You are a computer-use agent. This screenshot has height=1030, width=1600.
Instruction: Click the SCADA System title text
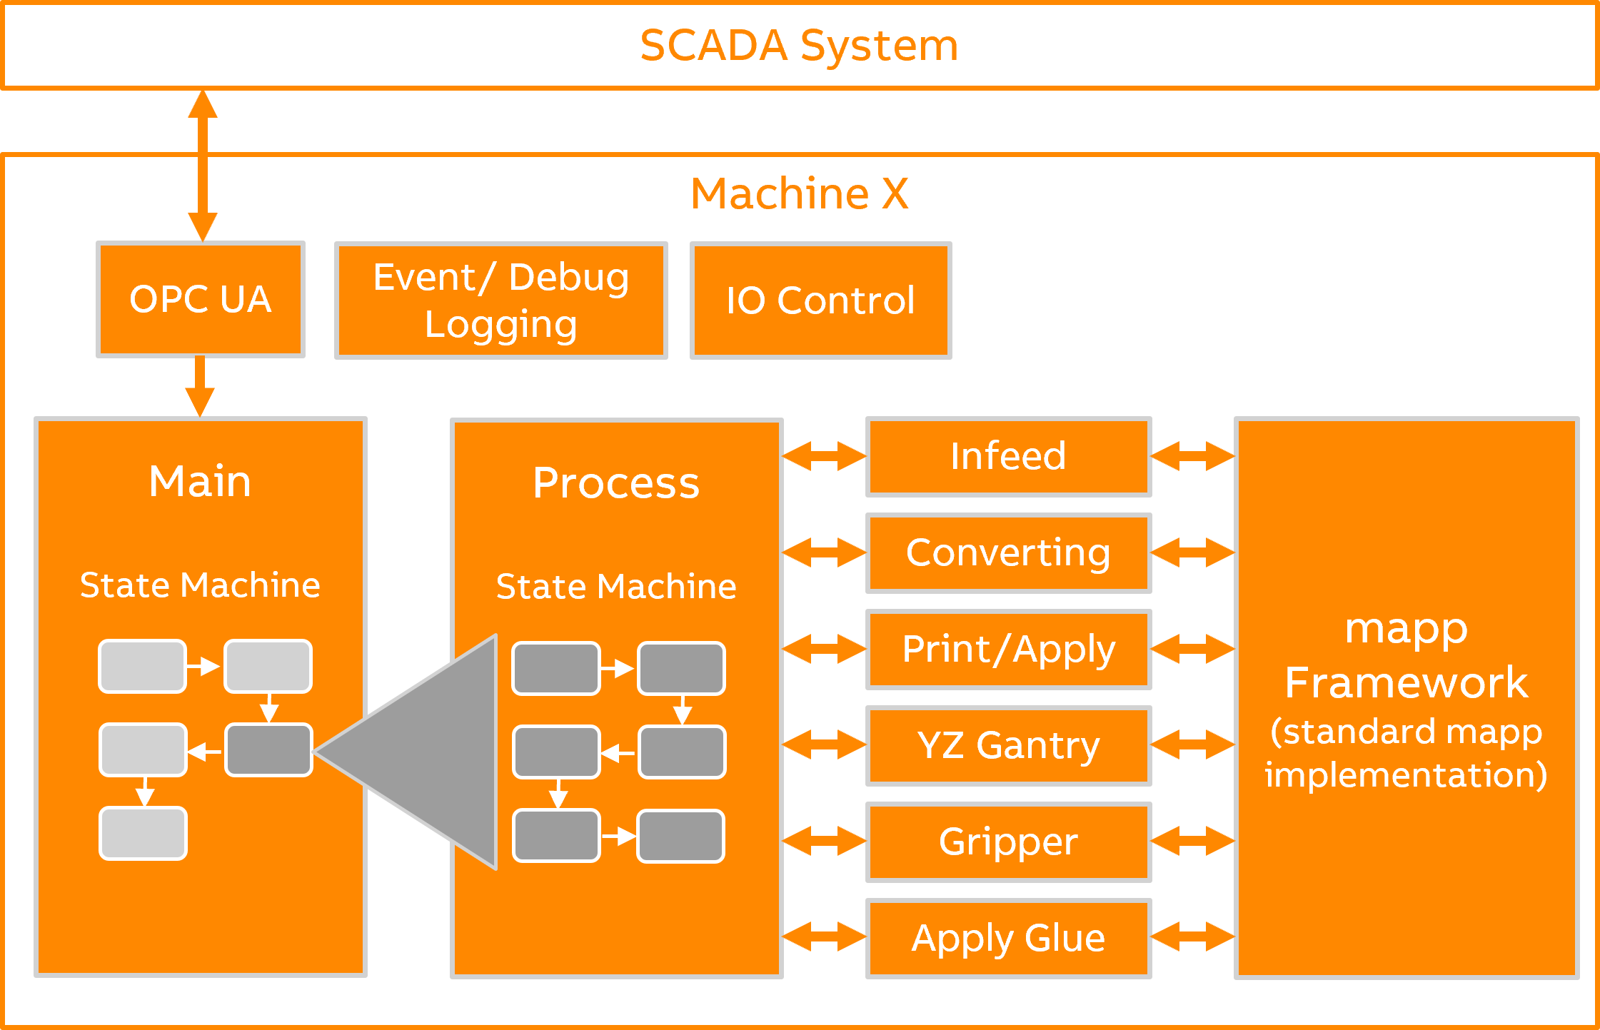click(x=799, y=46)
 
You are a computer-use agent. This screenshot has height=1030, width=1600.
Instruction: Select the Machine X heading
click(x=799, y=193)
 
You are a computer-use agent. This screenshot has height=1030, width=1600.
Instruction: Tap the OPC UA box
click(x=201, y=299)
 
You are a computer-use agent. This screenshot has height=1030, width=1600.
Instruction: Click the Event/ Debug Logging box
click(x=500, y=301)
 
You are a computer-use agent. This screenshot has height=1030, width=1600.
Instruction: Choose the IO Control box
click(x=820, y=301)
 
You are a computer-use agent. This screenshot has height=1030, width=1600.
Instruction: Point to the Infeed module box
click(x=1008, y=456)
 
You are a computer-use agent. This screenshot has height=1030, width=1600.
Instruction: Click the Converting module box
click(x=1008, y=552)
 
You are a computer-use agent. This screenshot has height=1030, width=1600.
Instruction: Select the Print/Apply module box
click(x=1008, y=649)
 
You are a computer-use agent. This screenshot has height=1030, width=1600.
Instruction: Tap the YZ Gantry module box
click(x=1008, y=745)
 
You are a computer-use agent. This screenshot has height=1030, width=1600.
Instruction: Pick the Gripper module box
click(x=1008, y=842)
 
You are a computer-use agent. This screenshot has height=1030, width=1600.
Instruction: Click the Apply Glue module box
click(x=1008, y=938)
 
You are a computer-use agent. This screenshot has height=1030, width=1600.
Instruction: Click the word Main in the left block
click(x=200, y=481)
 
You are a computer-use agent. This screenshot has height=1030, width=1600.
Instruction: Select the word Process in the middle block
click(x=615, y=483)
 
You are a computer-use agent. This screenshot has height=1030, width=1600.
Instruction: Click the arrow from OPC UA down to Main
click(x=200, y=385)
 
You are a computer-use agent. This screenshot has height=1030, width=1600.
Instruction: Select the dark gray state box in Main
click(x=268, y=749)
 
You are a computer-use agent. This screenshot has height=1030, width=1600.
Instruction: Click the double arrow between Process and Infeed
click(x=824, y=456)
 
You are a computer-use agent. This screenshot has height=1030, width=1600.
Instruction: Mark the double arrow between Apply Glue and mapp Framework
click(x=1192, y=937)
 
